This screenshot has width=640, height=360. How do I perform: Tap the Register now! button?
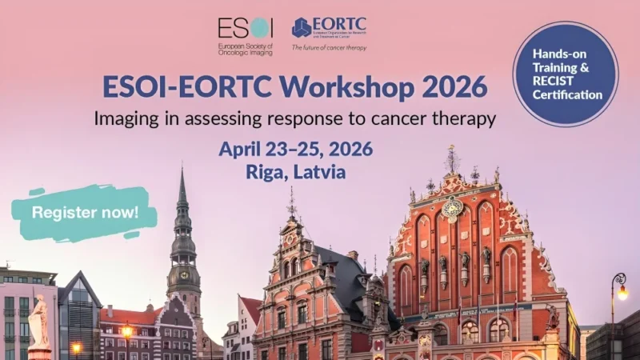pyautogui.click(x=84, y=213)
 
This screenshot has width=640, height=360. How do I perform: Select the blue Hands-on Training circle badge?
pyautogui.click(x=566, y=74)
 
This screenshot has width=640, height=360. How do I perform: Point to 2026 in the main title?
pyautogui.click(x=450, y=86)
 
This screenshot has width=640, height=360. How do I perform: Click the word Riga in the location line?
pyautogui.click(x=267, y=170)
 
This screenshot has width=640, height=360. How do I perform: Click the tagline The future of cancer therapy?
pyautogui.click(x=329, y=47)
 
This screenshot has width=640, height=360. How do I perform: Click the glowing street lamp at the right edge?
pyautogui.click(x=622, y=292)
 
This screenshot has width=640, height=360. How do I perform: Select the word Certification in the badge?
pyautogui.click(x=567, y=95)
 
